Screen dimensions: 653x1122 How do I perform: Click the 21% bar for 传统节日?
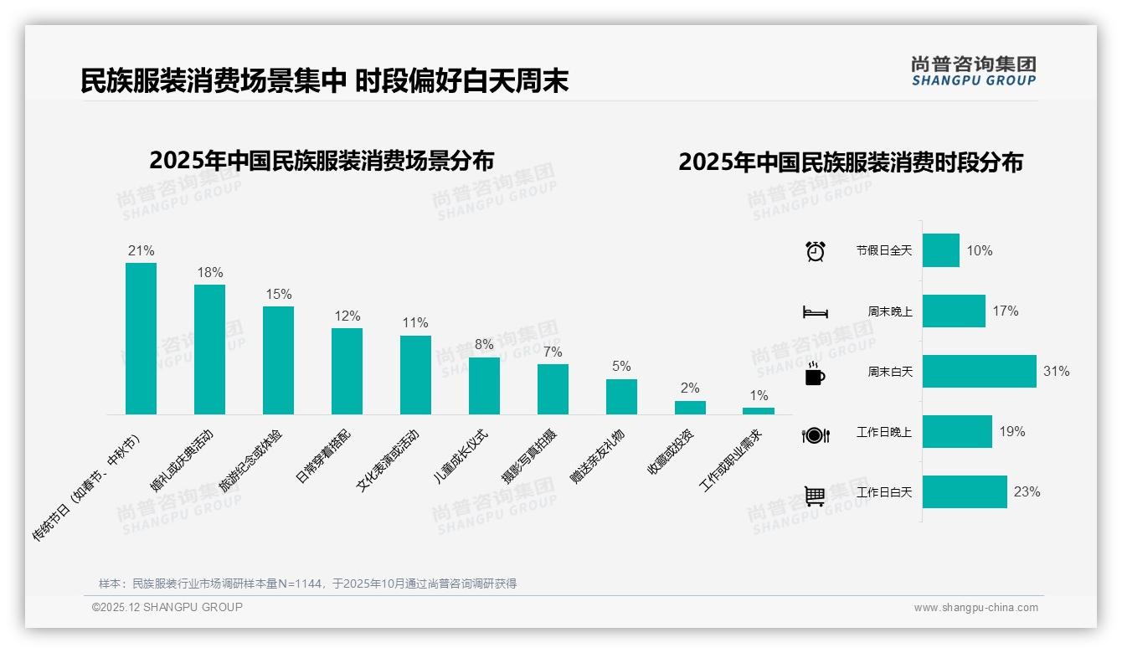coord(141,338)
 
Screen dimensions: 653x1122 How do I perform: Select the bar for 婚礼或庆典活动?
coord(209,349)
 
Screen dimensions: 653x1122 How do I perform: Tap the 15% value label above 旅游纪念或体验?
coord(279,295)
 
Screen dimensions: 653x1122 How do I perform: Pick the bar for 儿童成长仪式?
coord(484,385)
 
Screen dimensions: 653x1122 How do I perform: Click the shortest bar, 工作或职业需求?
coord(759,411)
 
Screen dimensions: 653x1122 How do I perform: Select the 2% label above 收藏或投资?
coord(690,388)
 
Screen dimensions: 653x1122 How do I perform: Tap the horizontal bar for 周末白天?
coord(979,371)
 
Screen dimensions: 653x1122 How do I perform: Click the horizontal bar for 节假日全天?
coord(940,250)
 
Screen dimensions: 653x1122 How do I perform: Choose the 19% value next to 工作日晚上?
coord(1011,432)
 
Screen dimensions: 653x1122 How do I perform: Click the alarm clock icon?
coord(815,251)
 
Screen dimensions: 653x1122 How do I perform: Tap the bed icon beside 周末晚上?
coord(815,312)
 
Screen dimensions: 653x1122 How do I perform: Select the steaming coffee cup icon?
coord(815,373)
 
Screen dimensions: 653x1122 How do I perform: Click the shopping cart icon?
coord(815,496)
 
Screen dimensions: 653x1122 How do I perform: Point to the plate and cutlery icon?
coord(815,434)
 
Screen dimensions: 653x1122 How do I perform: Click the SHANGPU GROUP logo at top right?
coord(973,71)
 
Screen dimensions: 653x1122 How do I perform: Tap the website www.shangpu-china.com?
coord(975,608)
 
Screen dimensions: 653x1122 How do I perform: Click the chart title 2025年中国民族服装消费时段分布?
coord(851,162)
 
